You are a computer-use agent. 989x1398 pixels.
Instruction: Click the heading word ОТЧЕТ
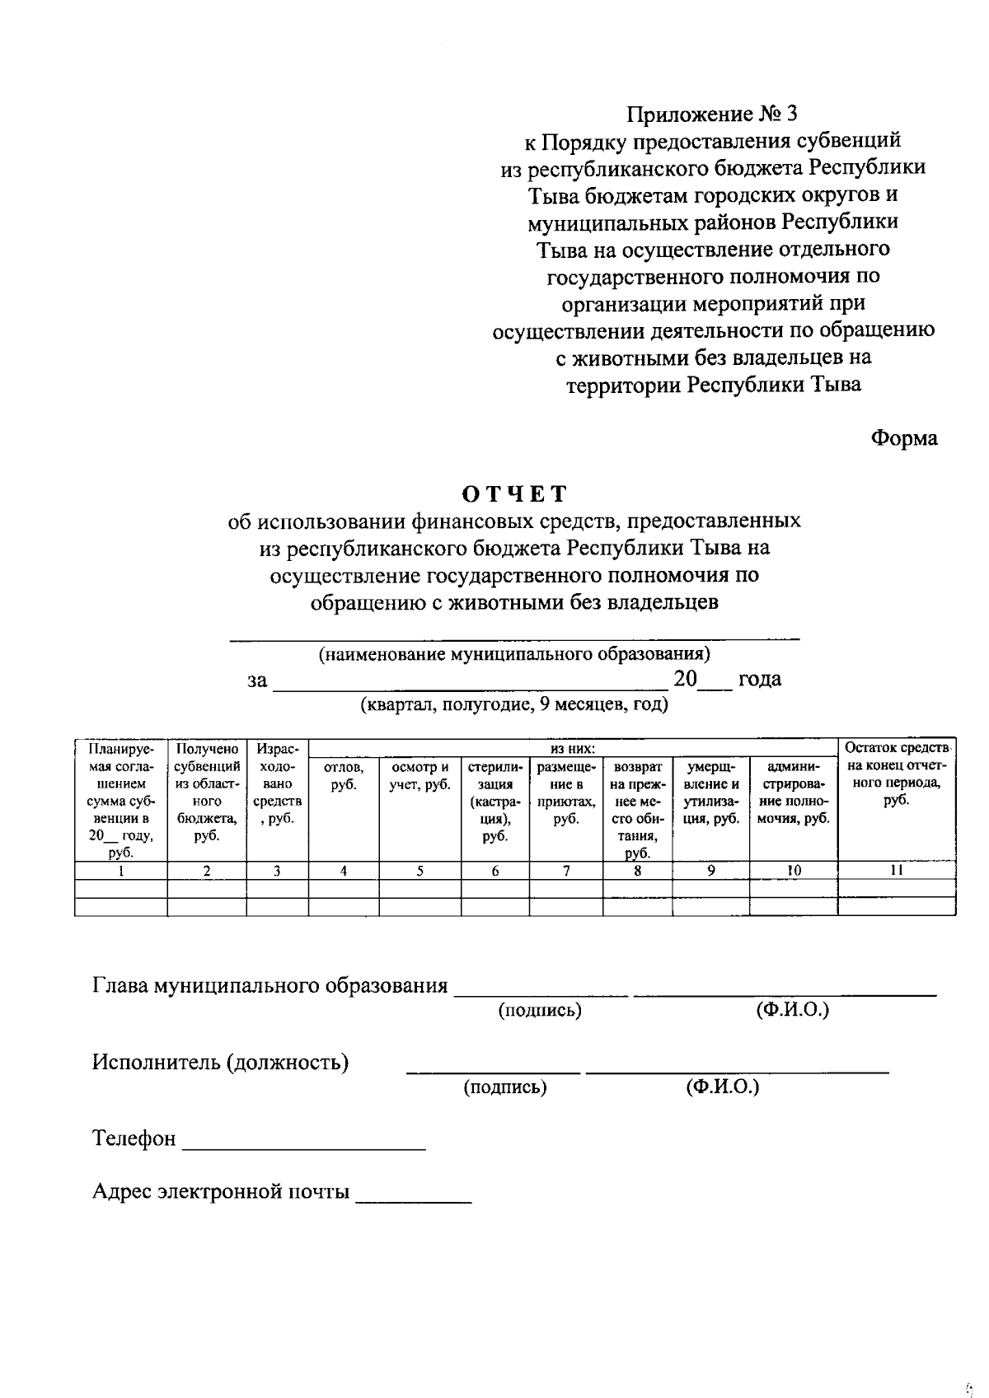pyautogui.click(x=514, y=493)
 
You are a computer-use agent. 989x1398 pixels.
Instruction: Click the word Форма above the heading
pyautogui.click(x=904, y=438)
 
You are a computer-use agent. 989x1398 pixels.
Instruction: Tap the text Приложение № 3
pyautogui.click(x=712, y=114)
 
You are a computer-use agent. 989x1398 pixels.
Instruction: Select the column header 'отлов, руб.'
pyautogui.click(x=344, y=776)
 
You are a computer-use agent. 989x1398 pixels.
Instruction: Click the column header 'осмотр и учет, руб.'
pyautogui.click(x=420, y=776)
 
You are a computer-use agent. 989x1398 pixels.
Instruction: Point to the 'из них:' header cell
pyautogui.click(x=573, y=749)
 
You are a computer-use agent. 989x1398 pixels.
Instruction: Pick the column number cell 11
pyautogui.click(x=897, y=870)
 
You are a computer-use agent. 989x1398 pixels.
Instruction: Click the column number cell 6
pyautogui.click(x=494, y=870)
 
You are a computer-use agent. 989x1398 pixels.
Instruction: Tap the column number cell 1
pyautogui.click(x=120, y=870)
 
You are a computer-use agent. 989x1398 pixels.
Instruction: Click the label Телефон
pyautogui.click(x=134, y=1139)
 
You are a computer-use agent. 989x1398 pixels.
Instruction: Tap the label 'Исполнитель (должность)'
pyautogui.click(x=220, y=1062)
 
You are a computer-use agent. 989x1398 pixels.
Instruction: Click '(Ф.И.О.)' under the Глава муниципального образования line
pyautogui.click(x=792, y=1010)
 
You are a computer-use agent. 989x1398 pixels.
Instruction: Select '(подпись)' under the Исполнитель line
pyautogui.click(x=504, y=1087)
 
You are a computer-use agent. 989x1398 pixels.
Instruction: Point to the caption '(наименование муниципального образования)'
pyautogui.click(x=514, y=654)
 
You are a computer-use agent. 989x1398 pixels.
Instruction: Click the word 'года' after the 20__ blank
pyautogui.click(x=759, y=679)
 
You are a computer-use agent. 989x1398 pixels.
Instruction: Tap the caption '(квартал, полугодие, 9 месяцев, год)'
pyautogui.click(x=513, y=704)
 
